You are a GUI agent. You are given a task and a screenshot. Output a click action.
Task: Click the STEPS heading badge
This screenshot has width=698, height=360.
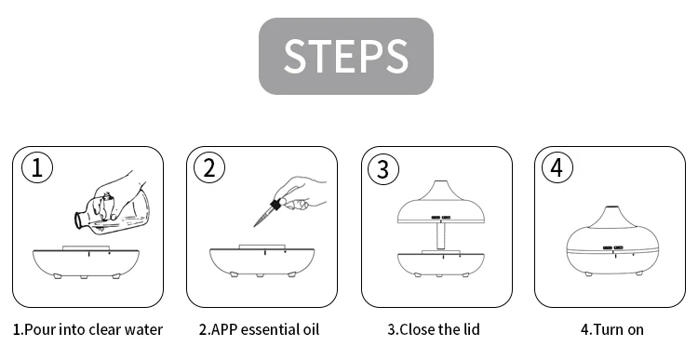click(346, 56)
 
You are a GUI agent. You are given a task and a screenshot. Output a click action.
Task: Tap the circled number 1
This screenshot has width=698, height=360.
click(37, 168)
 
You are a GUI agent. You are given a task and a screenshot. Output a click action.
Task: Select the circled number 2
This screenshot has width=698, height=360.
click(209, 168)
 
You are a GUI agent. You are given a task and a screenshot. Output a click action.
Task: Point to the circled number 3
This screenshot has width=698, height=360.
click(383, 169)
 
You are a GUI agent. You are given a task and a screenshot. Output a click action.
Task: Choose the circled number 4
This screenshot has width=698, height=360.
click(557, 168)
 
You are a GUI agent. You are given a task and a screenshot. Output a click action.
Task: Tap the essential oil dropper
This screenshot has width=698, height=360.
click(267, 213)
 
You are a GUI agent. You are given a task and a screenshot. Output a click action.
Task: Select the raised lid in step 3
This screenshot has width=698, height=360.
click(441, 203)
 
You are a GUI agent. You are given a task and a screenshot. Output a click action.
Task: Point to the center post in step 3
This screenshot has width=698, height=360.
click(441, 236)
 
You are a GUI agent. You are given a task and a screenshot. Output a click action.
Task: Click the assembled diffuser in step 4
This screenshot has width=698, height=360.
click(612, 241)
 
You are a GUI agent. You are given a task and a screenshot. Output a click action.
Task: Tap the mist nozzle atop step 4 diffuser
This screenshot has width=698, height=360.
click(612, 207)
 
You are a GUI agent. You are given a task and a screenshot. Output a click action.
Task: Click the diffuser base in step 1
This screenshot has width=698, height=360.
click(86, 262)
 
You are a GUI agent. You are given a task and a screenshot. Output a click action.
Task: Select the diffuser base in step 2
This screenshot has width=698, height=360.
click(262, 261)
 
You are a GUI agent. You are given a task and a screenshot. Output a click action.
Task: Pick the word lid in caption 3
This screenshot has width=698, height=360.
click(471, 329)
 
